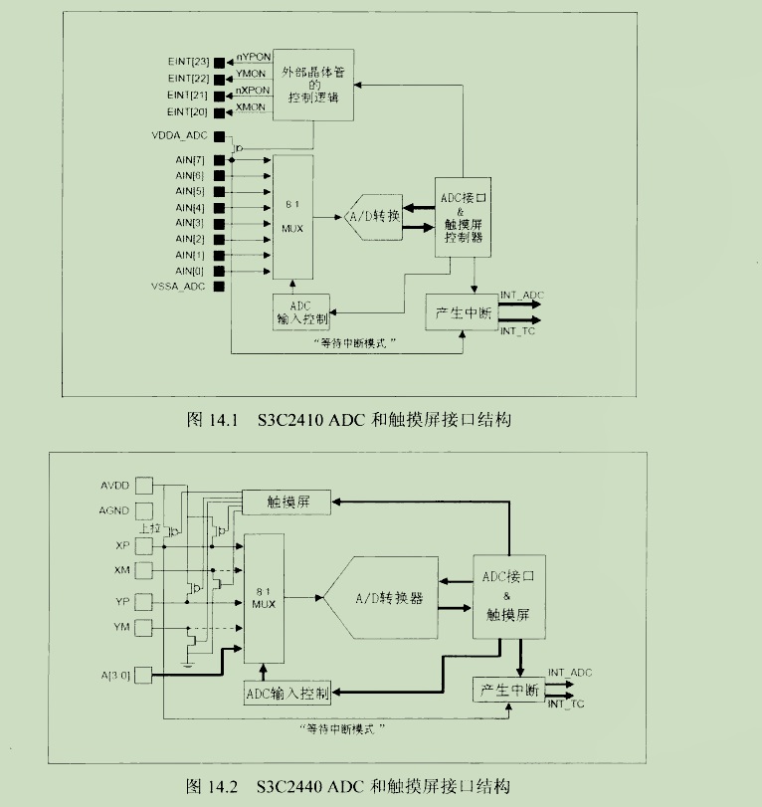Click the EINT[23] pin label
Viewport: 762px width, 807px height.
187,62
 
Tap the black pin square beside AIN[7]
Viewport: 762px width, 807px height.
219,159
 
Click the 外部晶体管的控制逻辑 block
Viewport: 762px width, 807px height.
313,85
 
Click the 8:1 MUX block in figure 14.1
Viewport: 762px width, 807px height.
291,217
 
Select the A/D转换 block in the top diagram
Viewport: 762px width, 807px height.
373,216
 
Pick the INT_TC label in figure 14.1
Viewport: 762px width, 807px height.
517,330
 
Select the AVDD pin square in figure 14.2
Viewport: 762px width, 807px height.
146,487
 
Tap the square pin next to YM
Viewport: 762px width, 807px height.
146,627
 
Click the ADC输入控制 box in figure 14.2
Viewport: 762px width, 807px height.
286,693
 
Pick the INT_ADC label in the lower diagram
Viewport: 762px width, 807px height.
569,674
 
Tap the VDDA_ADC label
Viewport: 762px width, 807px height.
179,134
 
